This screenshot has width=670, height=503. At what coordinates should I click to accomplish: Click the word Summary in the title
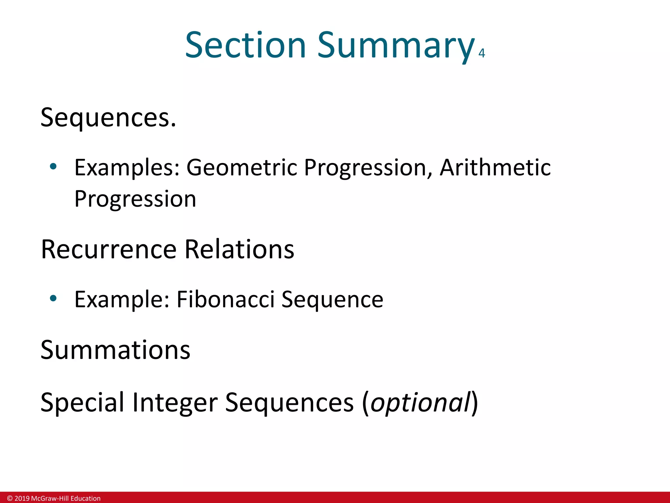pos(396,46)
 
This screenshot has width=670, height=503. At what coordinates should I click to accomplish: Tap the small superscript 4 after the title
pos(481,53)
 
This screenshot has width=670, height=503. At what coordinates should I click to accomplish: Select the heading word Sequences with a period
pos(108,118)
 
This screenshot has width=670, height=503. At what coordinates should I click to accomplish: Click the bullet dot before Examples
pos(53,167)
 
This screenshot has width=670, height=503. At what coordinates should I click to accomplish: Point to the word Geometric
pos(242,168)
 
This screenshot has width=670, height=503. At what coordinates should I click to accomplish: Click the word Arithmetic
pos(495,168)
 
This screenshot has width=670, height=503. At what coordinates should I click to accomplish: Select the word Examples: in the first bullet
pos(127,168)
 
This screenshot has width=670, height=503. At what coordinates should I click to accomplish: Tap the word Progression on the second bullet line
pos(135,199)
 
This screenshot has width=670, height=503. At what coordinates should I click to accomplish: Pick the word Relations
pos(239,250)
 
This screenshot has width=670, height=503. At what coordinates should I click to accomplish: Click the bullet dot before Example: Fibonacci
pos(53,298)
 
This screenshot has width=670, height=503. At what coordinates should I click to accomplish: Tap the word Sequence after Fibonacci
pos(332,300)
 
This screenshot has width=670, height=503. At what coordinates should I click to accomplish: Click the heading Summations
pos(115,350)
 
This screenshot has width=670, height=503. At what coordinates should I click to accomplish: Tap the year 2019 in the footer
pos(22,498)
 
